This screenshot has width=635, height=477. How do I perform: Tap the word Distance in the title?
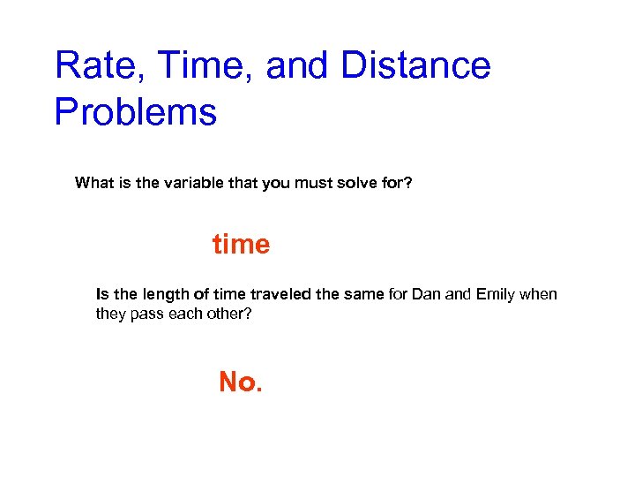point(415,66)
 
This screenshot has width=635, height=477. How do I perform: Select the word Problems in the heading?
point(135,113)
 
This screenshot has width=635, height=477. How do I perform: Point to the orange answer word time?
point(241,244)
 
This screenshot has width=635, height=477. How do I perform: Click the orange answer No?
point(240,382)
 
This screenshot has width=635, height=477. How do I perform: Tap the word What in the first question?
point(94,184)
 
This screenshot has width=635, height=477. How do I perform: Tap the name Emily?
point(497,294)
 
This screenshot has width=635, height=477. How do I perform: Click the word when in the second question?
point(539,294)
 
